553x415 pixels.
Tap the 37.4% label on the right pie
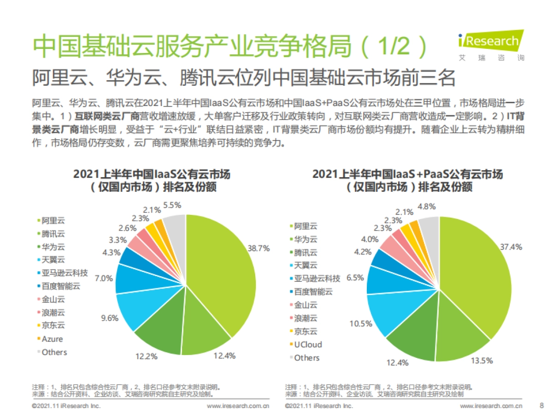(x=511, y=247)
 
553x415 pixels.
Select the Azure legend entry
(x=52, y=339)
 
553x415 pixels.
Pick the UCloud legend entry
(x=308, y=344)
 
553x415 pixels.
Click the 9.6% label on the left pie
(x=110, y=318)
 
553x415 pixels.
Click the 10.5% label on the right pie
(x=361, y=323)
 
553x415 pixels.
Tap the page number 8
(x=541, y=406)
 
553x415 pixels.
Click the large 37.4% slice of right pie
(x=475, y=277)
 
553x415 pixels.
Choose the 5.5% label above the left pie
(x=172, y=205)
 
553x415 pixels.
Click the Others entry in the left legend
(x=54, y=352)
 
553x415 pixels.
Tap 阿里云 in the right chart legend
(x=306, y=226)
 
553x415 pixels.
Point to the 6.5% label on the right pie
(x=355, y=278)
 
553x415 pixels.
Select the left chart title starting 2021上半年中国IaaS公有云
(x=152, y=175)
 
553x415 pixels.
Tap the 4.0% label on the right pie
(x=370, y=239)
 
